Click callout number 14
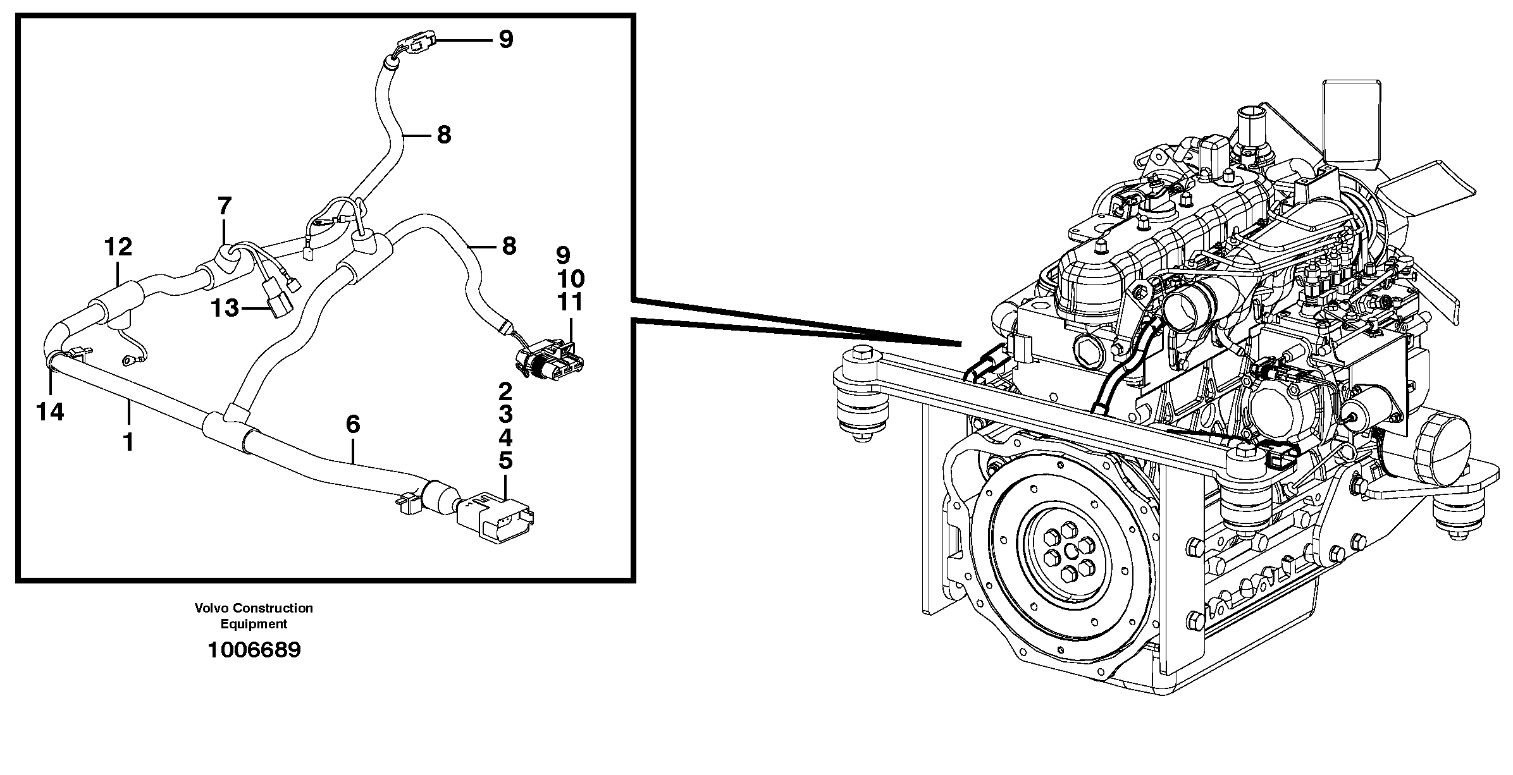coord(50,412)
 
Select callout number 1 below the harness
coord(128,442)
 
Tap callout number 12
coord(118,247)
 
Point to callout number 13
coord(225,308)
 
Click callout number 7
coord(225,206)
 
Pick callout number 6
coord(352,424)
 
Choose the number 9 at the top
coord(506,40)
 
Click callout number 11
coord(570,302)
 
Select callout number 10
coord(570,279)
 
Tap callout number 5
coord(505,461)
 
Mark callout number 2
coord(505,393)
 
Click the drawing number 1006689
coord(254,650)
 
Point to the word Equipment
coord(254,625)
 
